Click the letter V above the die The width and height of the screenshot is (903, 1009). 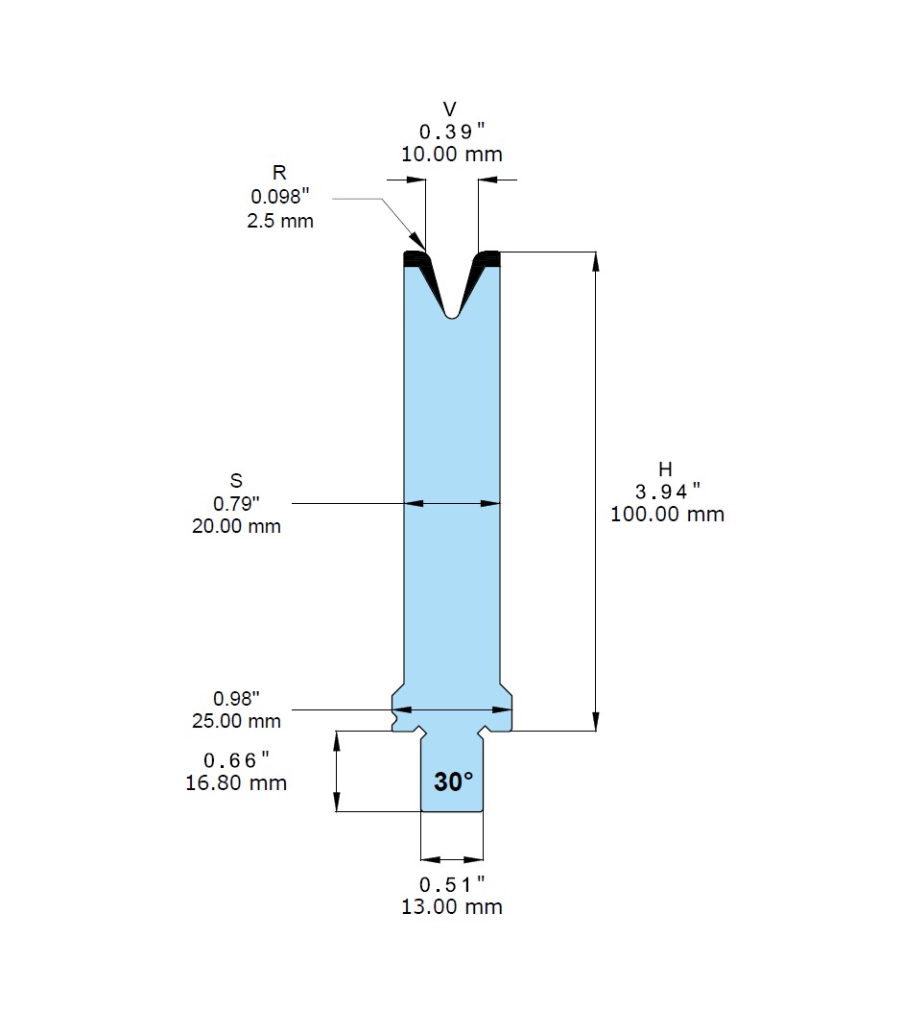click(450, 108)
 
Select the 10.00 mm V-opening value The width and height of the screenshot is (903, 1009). click(451, 155)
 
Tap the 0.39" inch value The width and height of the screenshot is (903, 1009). click(451, 132)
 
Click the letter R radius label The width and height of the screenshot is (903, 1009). click(279, 173)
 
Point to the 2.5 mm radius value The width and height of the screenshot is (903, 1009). click(280, 221)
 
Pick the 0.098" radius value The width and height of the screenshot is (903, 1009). click(280, 196)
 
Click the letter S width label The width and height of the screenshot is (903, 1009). click(236, 480)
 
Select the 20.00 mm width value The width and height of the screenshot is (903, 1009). click(236, 526)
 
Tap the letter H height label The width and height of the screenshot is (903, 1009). click(665, 468)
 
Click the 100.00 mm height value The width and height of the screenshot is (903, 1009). click(667, 515)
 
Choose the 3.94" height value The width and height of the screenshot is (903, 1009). click(667, 492)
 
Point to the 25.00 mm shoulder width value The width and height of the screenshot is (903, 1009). click(236, 721)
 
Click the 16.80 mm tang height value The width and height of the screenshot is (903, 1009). click(236, 783)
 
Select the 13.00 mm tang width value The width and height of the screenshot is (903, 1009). click(451, 906)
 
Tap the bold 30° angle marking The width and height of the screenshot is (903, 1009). click(453, 781)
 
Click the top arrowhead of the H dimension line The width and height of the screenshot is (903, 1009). click(596, 261)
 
